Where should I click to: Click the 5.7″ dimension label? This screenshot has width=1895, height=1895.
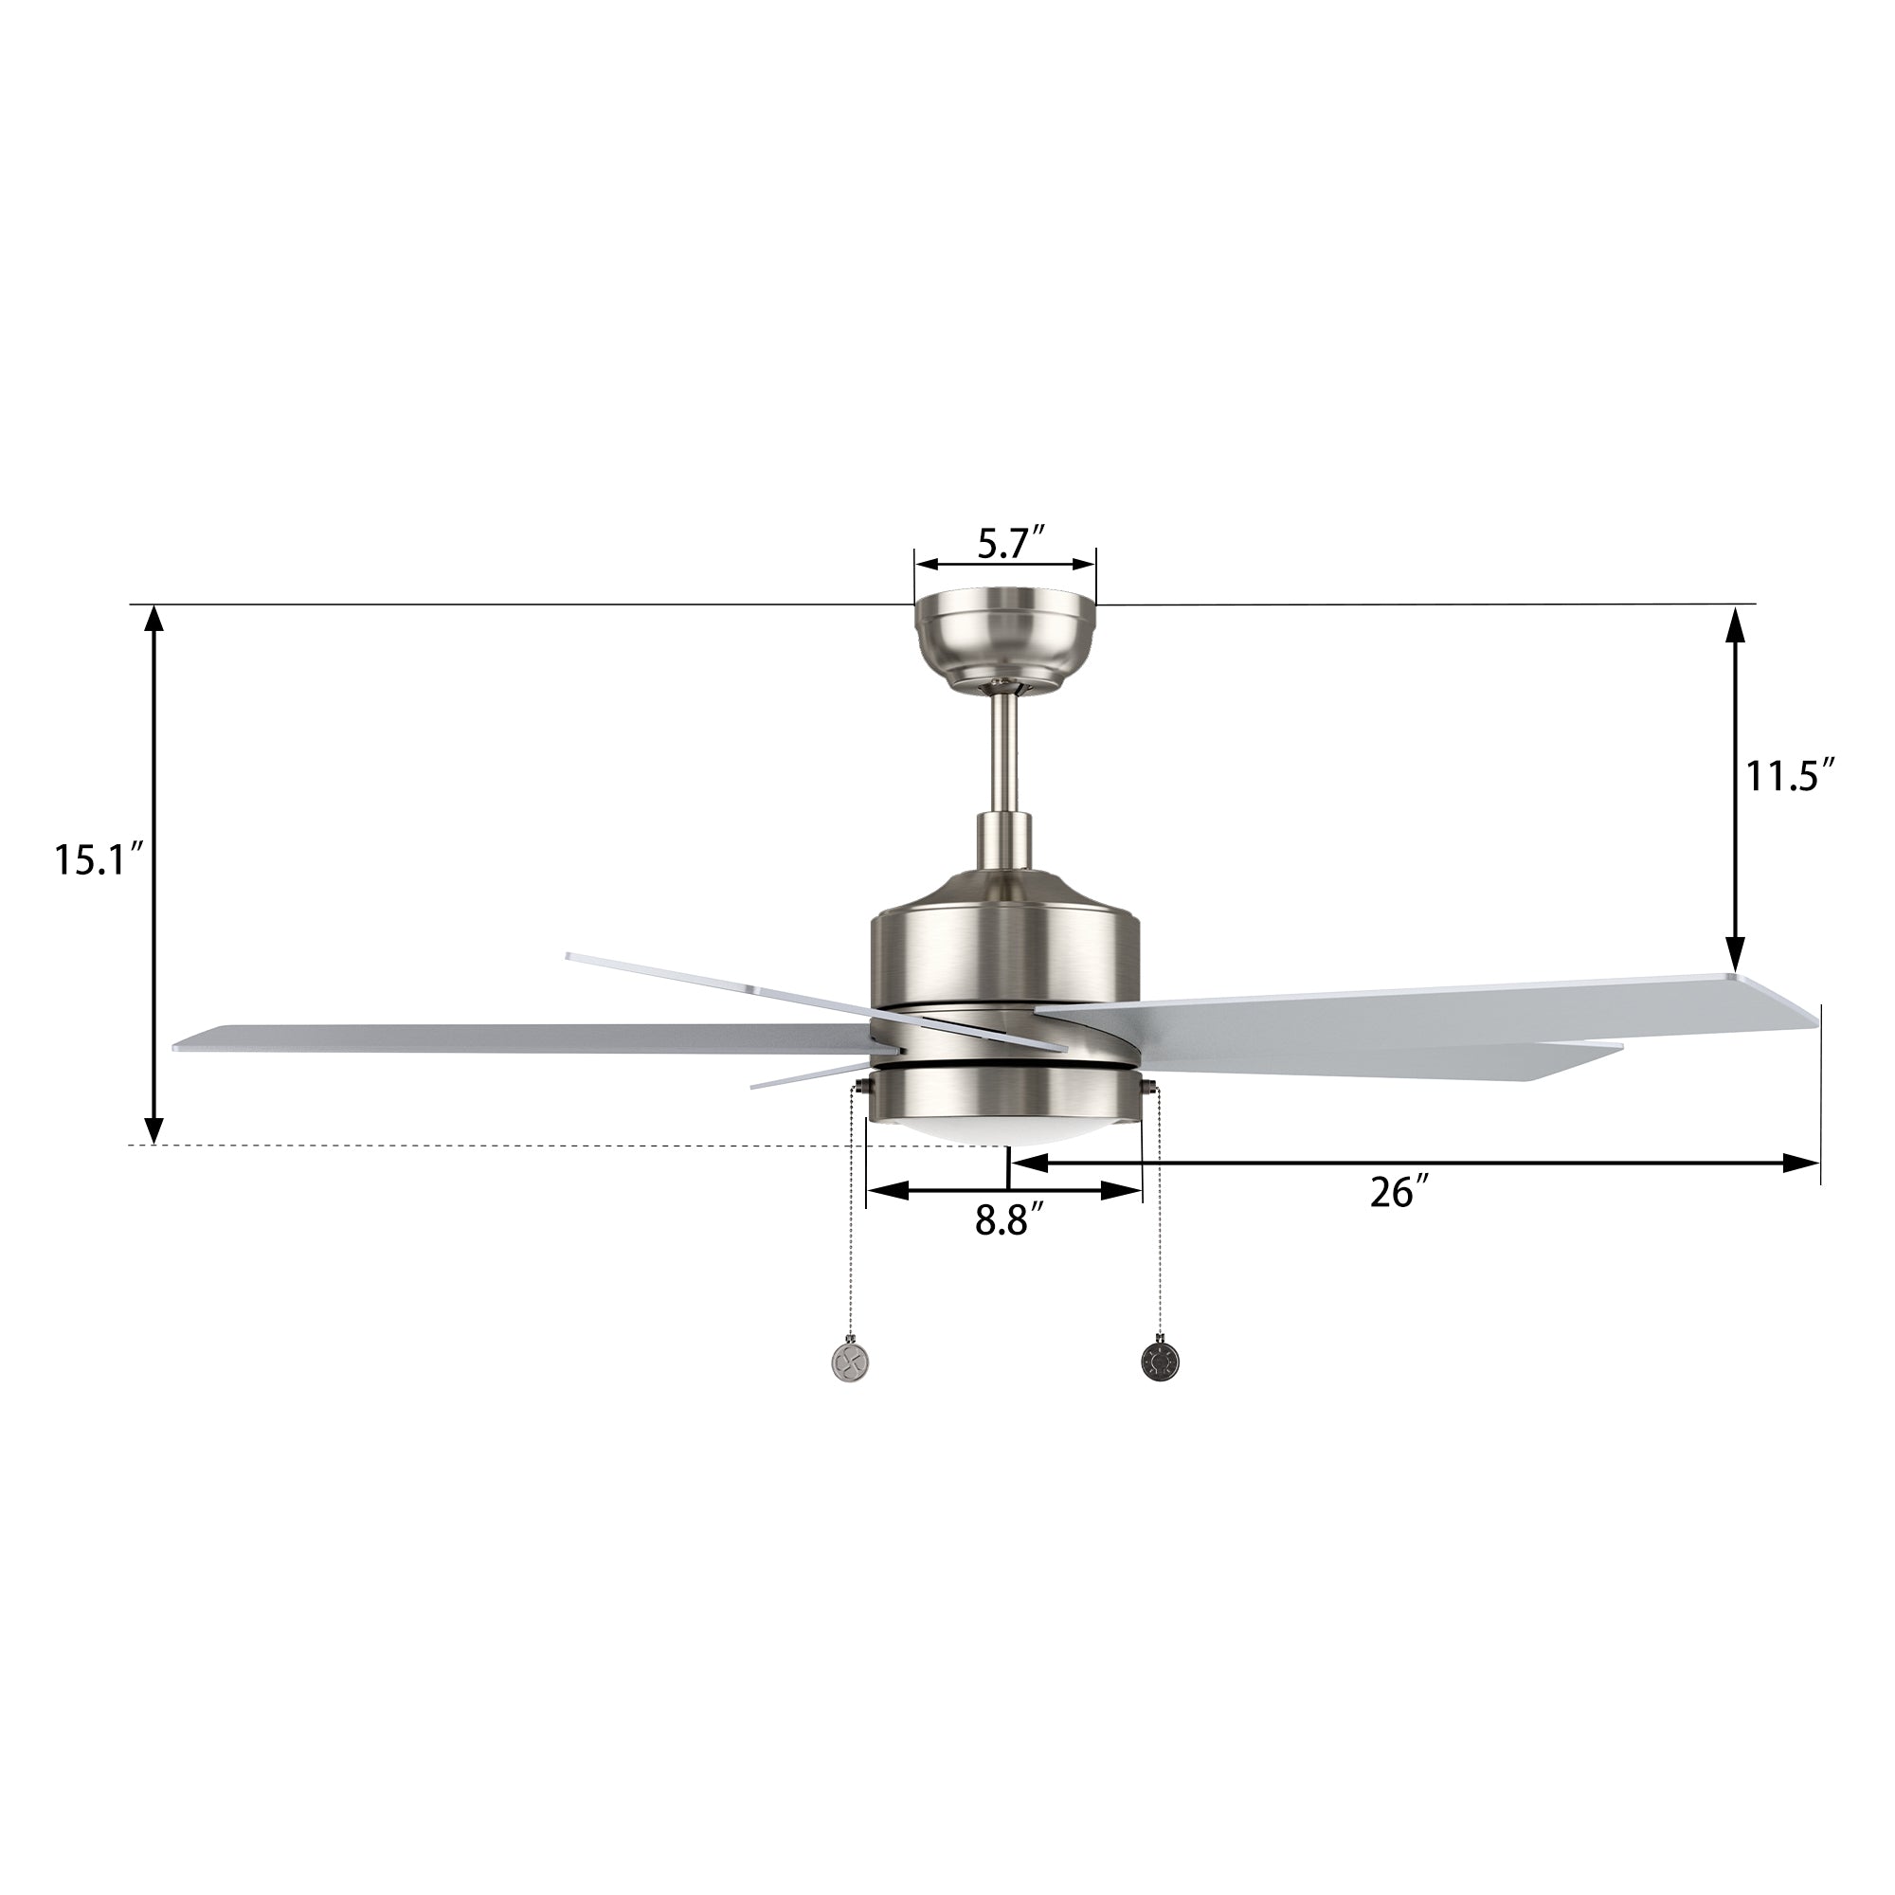coord(1008,542)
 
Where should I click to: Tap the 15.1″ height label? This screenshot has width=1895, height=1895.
coord(99,860)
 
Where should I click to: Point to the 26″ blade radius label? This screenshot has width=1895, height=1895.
coord(1398,1192)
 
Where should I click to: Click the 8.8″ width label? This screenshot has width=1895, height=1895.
coord(1008,1221)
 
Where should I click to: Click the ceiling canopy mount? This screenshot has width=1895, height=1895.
coord(1004,644)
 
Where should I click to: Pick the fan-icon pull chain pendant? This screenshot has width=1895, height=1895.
coord(849,1359)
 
